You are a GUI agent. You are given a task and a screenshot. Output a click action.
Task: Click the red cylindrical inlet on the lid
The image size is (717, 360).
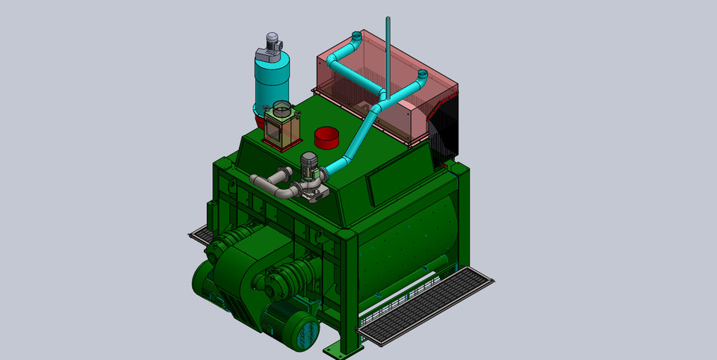tap(326, 137)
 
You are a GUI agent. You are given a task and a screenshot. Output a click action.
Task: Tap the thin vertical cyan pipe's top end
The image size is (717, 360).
tap(388, 19)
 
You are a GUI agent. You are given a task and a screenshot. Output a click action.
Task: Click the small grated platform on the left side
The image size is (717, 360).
tap(200, 235)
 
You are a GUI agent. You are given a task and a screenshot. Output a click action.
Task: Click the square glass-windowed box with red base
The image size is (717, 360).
tap(282, 128)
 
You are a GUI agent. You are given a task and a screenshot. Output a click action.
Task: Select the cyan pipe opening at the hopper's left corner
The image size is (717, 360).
tap(356, 35)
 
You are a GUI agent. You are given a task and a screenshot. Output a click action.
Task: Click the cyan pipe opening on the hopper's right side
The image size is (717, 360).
tap(421, 75)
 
